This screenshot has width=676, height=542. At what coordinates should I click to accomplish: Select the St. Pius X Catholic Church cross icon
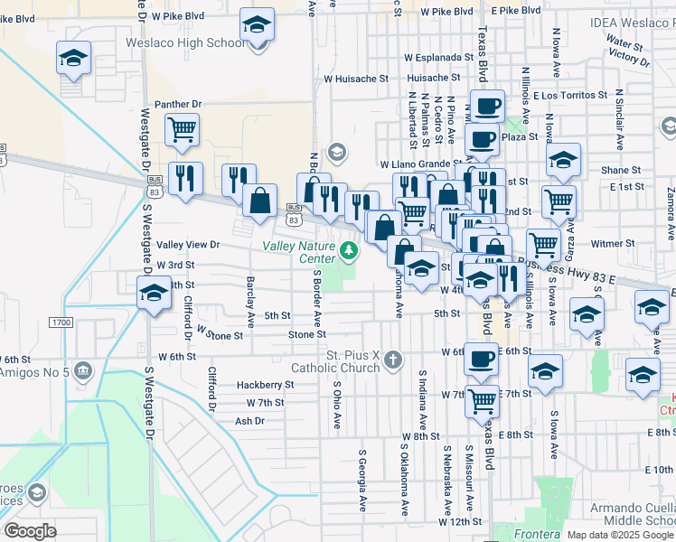click(392, 360)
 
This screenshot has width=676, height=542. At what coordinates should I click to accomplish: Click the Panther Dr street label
click(177, 105)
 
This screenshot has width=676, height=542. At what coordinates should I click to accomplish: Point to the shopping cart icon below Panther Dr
click(183, 129)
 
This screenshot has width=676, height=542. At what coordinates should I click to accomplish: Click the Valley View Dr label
click(188, 245)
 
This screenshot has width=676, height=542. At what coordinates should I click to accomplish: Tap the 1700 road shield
click(61, 322)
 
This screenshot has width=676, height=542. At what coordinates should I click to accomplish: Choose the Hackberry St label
click(265, 384)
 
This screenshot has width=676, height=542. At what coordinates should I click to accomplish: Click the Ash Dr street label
click(249, 421)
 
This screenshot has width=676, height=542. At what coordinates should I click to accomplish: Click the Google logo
click(30, 531)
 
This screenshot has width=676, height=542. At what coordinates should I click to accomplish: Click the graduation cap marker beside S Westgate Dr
click(154, 294)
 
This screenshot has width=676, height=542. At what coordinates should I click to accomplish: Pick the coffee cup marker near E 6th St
click(482, 359)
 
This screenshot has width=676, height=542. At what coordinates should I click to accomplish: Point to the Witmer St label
click(614, 244)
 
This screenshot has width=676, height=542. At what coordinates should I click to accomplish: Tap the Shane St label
click(621, 170)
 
